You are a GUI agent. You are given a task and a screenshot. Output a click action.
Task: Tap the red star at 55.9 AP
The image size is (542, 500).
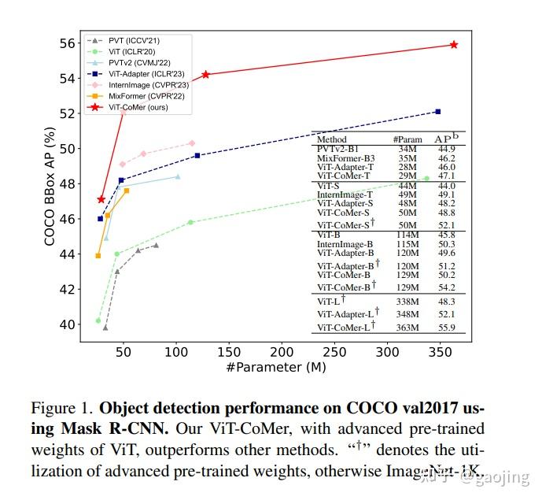coord(454,45)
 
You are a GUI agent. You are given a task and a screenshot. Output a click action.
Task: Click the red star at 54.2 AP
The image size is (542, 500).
coord(205,75)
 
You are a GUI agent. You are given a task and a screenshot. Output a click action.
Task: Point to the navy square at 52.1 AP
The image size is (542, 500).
coord(437,112)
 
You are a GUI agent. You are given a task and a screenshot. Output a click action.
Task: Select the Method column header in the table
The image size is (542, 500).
coord(331,139)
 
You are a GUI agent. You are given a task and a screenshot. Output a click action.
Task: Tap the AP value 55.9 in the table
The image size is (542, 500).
coord(447,328)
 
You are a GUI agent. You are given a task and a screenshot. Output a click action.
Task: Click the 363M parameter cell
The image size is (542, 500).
coord(407,328)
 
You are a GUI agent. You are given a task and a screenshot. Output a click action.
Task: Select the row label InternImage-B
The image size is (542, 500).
coord(345,244)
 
